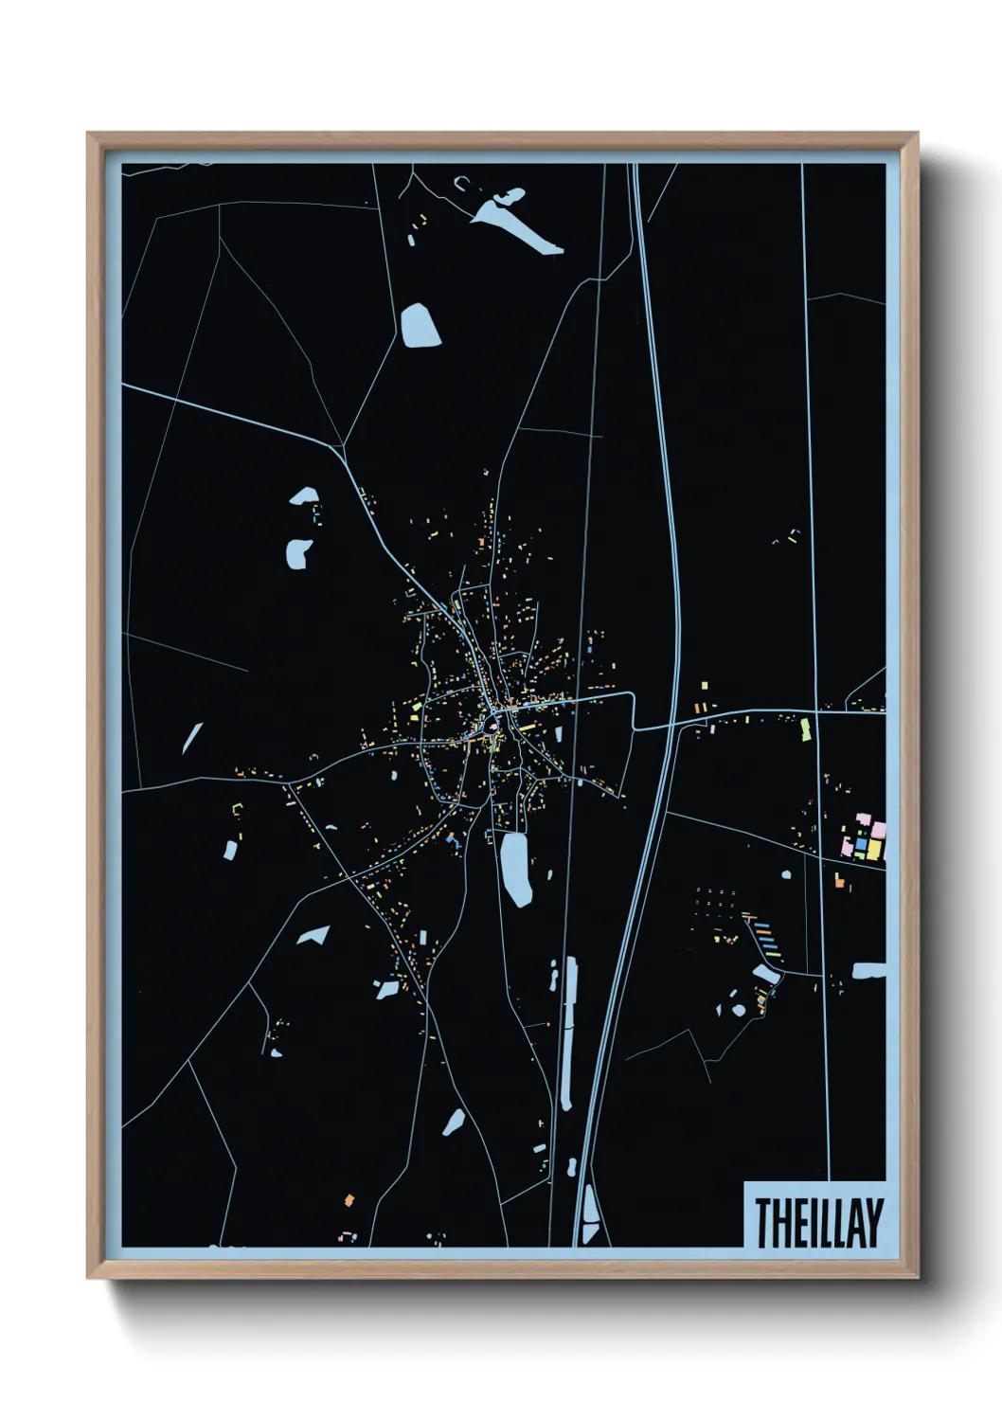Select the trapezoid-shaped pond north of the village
pyautogui.click(x=420, y=326)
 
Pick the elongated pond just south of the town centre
pyautogui.click(x=514, y=868)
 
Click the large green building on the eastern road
pyautogui.click(x=806, y=729)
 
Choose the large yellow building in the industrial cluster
pyautogui.click(x=872, y=851)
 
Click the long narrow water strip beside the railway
pyautogui.click(x=568, y=1033)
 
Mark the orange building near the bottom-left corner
pyautogui.click(x=349, y=1200)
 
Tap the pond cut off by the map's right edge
pyautogui.click(x=868, y=971)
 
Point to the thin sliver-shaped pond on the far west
pyautogui.click(x=192, y=738)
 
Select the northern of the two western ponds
pyautogui.click(x=304, y=496)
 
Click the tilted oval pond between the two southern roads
pyautogui.click(x=454, y=1123)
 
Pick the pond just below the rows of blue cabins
pyautogui.click(x=765, y=973)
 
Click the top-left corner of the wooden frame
pyautogui.click(x=88, y=134)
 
